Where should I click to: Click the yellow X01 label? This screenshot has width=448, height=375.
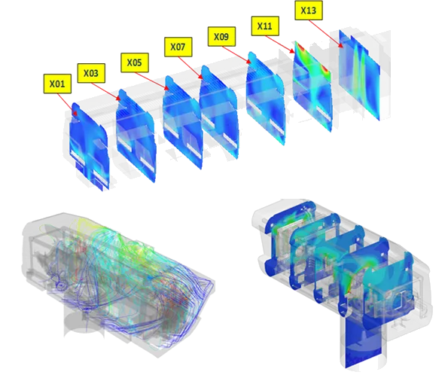pyautogui.click(x=57, y=84)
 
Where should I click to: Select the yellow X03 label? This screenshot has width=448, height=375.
pyautogui.click(x=91, y=73)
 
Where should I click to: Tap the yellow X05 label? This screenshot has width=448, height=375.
pyautogui.click(x=135, y=62)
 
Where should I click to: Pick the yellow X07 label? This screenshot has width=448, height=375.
pyautogui.click(x=178, y=47)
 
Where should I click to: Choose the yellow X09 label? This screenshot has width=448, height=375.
pyautogui.click(x=221, y=37)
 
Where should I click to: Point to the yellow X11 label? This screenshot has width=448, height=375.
pyautogui.click(x=265, y=26)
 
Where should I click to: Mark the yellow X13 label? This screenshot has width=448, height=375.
pyautogui.click(x=309, y=11)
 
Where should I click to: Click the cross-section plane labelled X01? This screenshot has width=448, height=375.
pyautogui.click(x=90, y=146)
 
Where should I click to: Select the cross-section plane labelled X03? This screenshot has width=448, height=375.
pyautogui.click(x=136, y=135)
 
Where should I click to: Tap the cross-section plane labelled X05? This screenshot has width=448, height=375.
pyautogui.click(x=183, y=121)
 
